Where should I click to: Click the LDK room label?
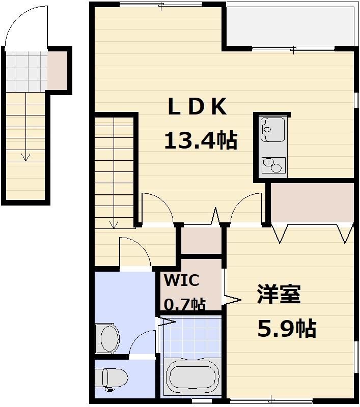click(x=197, y=107)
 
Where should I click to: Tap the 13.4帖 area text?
click(x=200, y=140)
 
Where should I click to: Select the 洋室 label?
click(x=278, y=295)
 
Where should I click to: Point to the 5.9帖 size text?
click(x=286, y=329)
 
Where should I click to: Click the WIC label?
click(x=181, y=280)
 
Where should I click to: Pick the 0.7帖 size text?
click(x=184, y=304)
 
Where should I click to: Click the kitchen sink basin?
click(x=273, y=130)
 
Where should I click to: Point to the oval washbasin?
click(x=108, y=337)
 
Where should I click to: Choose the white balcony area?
click(x=289, y=26)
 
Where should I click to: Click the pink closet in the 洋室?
click(x=312, y=202)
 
